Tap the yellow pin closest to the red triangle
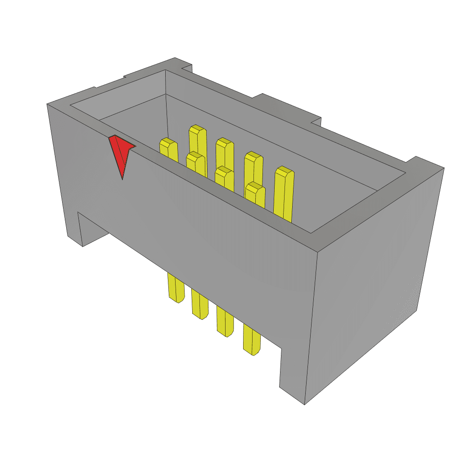168,149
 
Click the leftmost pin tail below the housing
176,288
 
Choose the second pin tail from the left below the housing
200,304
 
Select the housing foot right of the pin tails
293,374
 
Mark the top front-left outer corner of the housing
47,104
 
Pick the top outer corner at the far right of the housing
444,168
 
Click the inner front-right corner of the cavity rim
311,233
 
